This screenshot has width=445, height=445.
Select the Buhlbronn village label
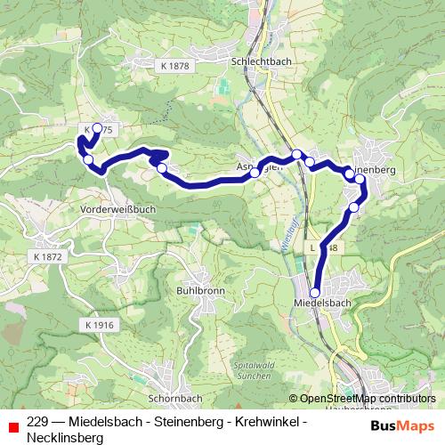(x=202, y=291)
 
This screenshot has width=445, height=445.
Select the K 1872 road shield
(x=49, y=255)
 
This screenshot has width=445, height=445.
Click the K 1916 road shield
(x=101, y=326)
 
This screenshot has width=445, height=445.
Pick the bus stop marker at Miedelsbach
(x=314, y=292)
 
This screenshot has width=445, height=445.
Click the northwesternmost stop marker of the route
(x=96, y=128)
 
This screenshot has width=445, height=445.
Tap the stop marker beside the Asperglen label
(x=255, y=174)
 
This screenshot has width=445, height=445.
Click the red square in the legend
(x=13, y=425)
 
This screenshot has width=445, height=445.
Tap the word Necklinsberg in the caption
(x=65, y=437)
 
